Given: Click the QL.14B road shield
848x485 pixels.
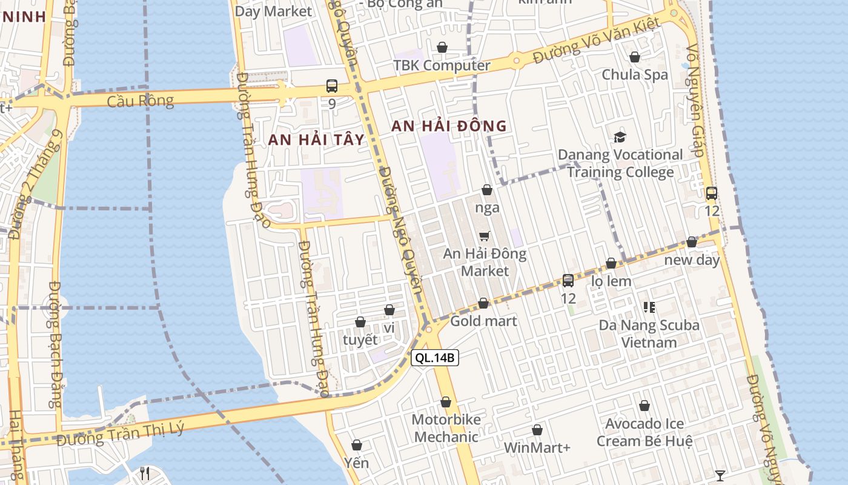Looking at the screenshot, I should coord(435,358).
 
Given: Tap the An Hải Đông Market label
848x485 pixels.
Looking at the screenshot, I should coord(485,262).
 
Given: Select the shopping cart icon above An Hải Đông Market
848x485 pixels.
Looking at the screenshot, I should coord(484,236).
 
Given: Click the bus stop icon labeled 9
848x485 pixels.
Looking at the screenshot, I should coord(332,86).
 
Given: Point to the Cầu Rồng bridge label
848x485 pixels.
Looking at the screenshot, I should coord(140,101).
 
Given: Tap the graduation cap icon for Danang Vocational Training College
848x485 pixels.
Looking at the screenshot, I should coord(620,137).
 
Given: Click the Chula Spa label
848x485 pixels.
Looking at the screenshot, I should coord(635,75).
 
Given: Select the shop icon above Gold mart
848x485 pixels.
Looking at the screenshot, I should coord(483,303).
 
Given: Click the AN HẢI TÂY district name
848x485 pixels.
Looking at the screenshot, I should coord(316,139).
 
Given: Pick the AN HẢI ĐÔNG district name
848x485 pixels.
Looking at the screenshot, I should coord(449,126).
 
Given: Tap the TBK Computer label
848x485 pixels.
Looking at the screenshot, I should coord(442,65).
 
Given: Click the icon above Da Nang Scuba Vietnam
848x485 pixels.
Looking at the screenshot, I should coord(649,307).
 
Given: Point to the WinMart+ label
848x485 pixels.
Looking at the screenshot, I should coord(537,448).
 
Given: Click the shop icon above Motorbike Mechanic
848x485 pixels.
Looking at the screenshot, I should coord(446,402).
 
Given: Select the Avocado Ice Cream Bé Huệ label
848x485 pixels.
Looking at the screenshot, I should coord(644,432).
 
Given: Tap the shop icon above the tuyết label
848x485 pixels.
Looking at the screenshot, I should coord(360,322).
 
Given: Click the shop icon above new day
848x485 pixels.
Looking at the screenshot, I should coord(692,242).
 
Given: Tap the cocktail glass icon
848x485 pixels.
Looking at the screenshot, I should coord(720,475).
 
